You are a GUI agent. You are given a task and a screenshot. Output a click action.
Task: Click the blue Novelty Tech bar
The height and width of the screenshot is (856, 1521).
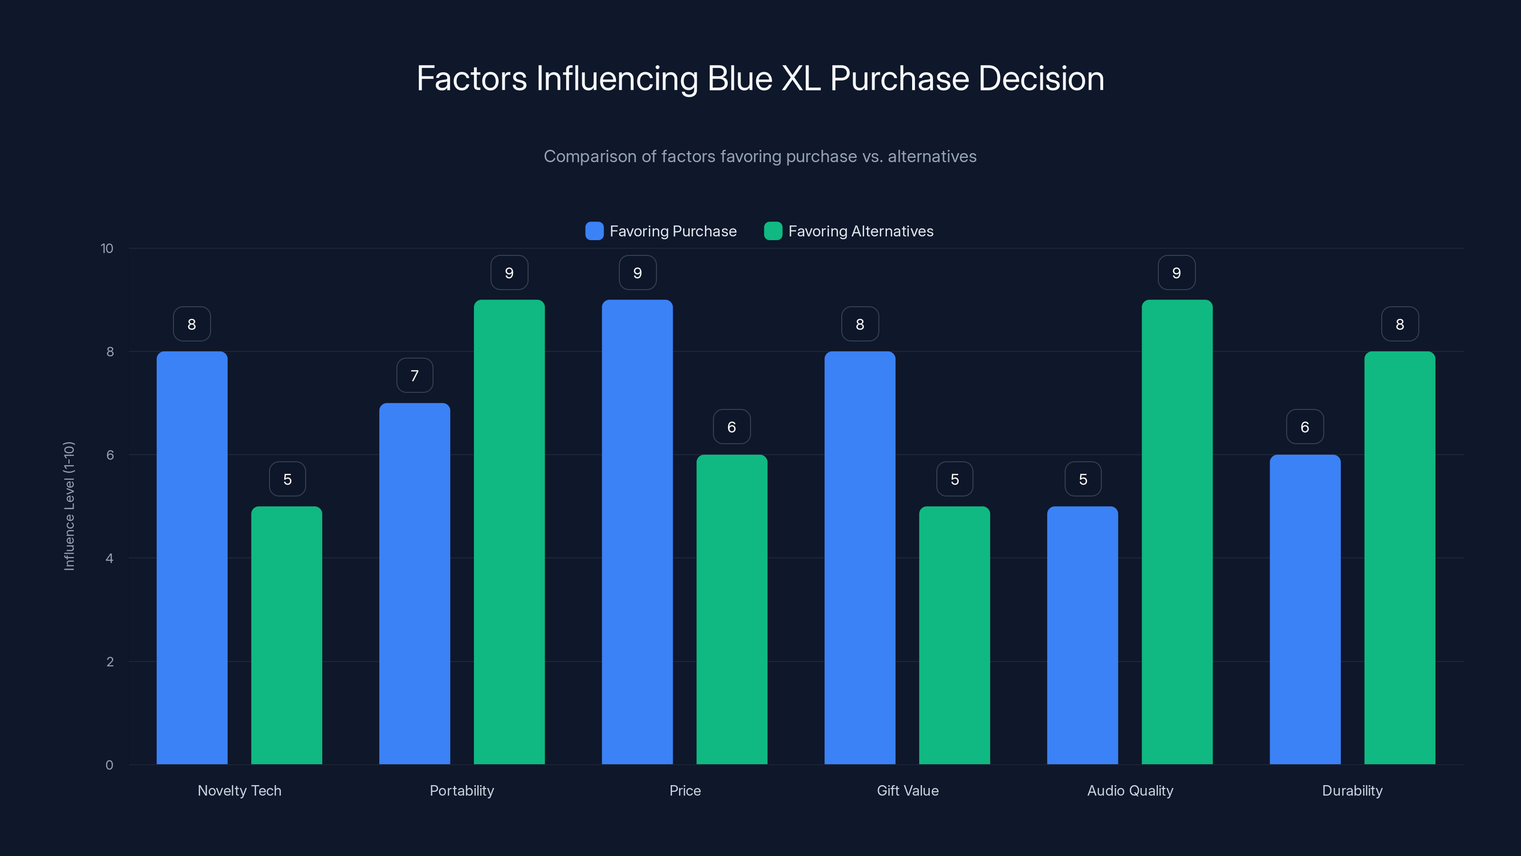coord(192,558)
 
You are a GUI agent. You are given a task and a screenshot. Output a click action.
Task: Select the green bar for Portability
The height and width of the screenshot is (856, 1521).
coord(509,532)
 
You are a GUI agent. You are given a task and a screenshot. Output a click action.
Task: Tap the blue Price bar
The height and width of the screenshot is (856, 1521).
coord(637,532)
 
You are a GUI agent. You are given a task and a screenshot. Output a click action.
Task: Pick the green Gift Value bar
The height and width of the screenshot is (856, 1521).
coord(954,635)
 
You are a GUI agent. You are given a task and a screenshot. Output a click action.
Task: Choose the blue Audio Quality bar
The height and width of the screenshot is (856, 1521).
coord(1082,635)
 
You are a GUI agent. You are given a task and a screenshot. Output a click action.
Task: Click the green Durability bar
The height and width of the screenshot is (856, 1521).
coord(1399,558)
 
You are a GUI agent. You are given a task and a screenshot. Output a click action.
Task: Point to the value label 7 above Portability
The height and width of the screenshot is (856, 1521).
coord(414,376)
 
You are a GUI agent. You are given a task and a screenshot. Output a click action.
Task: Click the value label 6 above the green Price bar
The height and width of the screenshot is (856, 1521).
coord(732,427)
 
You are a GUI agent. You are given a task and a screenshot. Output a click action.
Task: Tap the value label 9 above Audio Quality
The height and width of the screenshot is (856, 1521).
coord(1176,273)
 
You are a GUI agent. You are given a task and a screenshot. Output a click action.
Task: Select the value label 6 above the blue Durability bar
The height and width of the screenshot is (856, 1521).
coord(1305,427)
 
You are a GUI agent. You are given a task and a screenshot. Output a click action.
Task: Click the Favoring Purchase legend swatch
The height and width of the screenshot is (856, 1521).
coord(594,231)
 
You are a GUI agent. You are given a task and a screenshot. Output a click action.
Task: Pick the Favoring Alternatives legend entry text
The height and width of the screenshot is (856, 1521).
coord(861,231)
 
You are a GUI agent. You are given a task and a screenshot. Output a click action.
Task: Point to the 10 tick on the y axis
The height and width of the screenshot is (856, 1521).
coord(107,249)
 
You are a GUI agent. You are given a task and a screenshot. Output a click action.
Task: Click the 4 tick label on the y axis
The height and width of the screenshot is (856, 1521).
coord(109,558)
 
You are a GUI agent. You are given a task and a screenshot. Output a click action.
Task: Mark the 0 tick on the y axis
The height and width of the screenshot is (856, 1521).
coord(109,765)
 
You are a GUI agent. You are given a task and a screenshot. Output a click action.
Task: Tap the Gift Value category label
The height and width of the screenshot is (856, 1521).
coord(907,790)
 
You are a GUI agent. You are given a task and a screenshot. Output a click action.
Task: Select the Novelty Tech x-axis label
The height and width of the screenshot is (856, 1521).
coord(239,790)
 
